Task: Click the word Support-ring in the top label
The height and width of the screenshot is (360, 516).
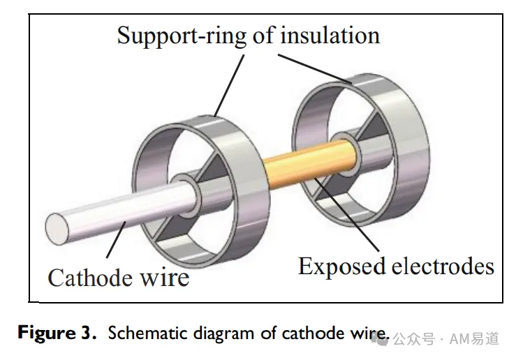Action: pos(182,36)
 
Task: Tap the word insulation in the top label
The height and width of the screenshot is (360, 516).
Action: pos(330,35)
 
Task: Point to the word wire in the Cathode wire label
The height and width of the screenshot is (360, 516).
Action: pos(165,278)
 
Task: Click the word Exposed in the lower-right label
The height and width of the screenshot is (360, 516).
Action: pos(341,267)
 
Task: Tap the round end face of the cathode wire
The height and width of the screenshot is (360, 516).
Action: pos(57,229)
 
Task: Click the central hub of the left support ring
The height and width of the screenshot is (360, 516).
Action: pos(186,195)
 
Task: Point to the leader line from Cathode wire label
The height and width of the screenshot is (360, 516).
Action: pos(116,239)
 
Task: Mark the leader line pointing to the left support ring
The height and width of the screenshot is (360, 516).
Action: pos(229,86)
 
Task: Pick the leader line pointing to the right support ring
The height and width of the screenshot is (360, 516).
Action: pos(315,68)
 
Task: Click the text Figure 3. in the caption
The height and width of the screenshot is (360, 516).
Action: pos(57,333)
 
